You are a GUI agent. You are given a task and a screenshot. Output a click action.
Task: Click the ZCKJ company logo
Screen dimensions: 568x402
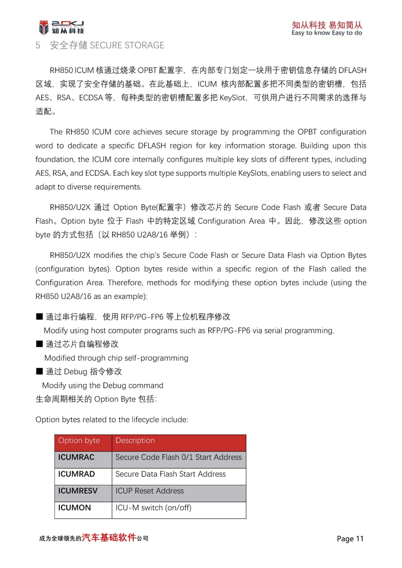[61, 27]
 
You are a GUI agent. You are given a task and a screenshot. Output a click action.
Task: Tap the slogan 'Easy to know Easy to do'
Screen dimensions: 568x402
[327, 33]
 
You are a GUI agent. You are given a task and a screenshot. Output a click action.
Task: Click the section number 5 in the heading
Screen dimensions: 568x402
[38, 45]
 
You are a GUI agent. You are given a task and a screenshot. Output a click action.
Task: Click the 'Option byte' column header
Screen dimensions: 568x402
[79, 441]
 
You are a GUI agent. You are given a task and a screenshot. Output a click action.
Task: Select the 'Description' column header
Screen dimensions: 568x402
[135, 441]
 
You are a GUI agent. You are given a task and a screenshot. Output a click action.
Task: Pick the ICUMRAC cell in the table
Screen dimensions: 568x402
[76, 457]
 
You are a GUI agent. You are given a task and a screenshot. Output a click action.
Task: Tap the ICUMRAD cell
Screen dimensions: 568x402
[76, 474]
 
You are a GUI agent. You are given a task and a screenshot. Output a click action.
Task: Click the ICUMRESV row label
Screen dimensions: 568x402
[78, 491]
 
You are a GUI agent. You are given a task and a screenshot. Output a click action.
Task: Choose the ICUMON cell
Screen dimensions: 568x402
[75, 508]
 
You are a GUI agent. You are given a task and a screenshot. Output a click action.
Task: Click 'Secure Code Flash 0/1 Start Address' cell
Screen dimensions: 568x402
[178, 457]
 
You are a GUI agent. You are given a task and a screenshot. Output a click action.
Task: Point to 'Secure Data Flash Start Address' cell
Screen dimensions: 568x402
[171, 474]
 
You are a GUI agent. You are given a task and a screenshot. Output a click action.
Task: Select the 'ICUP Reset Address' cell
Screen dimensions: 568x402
[150, 491]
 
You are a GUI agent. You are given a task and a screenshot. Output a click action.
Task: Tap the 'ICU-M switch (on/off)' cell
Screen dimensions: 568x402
[154, 508]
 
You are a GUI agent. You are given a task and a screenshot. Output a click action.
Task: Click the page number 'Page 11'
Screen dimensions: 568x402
[350, 539]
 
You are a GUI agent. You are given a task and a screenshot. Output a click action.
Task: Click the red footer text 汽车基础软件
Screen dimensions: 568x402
[109, 538]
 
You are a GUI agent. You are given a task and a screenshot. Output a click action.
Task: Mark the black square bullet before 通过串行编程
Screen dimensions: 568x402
[39, 317]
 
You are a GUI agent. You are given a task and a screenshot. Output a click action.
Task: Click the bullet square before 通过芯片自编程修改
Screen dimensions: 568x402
[39, 344]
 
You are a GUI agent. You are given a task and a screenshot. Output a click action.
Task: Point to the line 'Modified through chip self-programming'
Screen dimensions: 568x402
[116, 358]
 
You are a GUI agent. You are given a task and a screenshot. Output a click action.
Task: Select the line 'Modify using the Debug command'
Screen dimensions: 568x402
[103, 386]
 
